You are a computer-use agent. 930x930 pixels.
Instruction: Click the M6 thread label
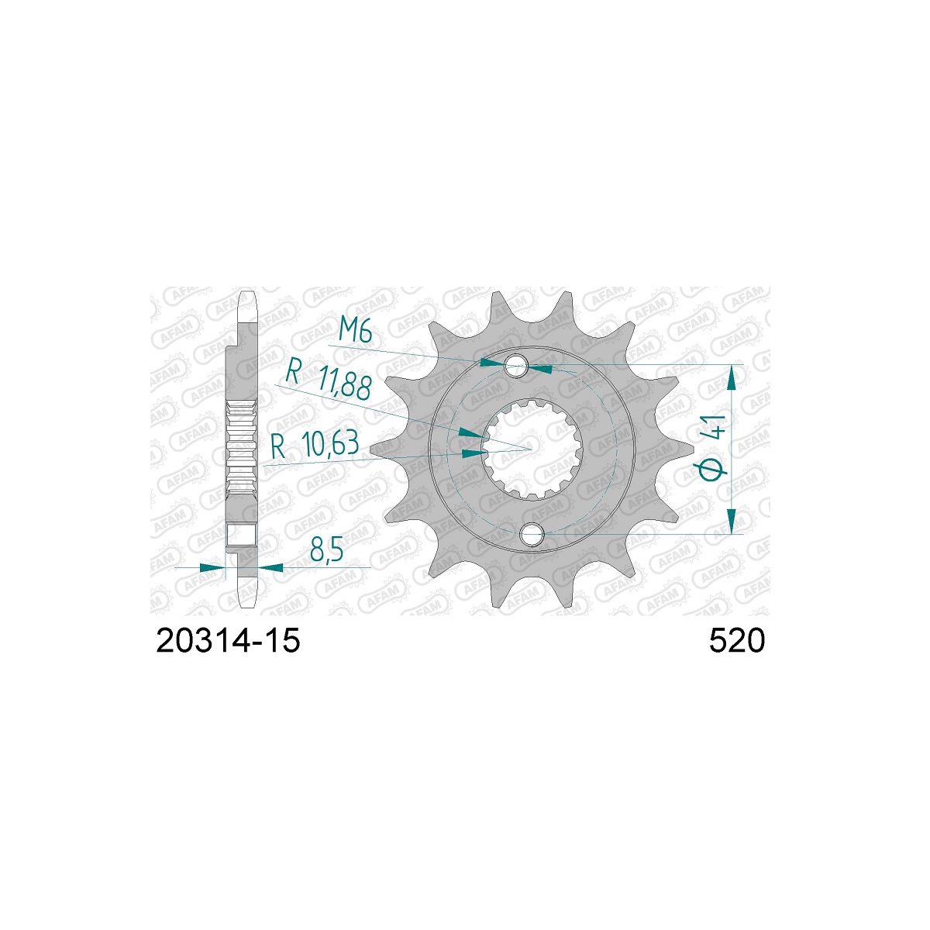(355, 329)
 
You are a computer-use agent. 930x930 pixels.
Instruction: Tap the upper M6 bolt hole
(517, 365)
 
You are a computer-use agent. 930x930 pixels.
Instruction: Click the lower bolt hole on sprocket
(532, 534)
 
